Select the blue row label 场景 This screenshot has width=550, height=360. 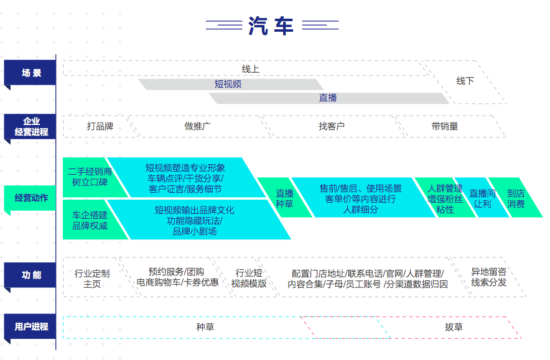31,73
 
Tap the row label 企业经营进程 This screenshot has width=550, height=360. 31,126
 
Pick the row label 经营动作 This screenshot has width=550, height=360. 31,198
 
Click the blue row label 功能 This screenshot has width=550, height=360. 31,274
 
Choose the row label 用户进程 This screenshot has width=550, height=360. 31,326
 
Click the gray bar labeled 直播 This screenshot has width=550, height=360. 328,98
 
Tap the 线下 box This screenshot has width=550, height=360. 465,81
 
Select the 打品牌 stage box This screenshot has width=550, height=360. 100,126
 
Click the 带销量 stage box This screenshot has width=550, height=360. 444,126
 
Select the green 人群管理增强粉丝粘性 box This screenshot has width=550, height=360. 445,198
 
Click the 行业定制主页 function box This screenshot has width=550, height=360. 92,278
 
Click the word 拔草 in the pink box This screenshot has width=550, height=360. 454,327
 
